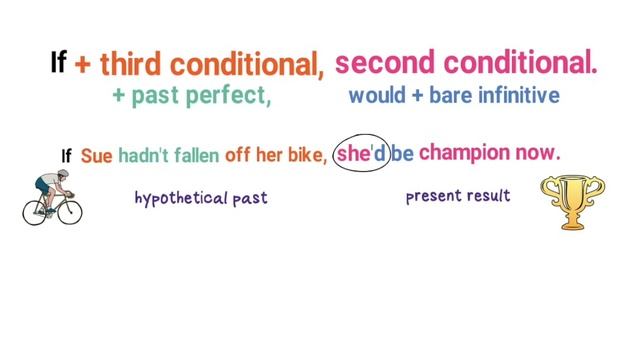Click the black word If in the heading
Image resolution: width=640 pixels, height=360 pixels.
click(58, 63)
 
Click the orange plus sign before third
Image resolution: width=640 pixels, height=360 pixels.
click(83, 65)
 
